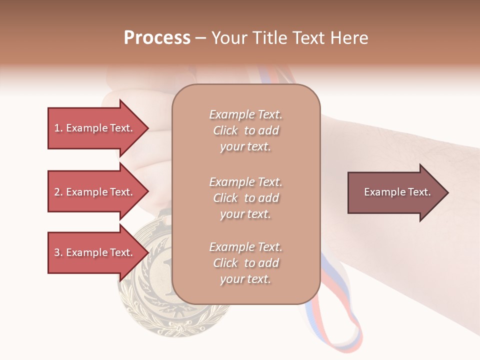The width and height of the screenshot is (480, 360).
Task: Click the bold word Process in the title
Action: (x=157, y=38)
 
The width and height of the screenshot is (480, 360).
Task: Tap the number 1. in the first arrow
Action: (x=58, y=128)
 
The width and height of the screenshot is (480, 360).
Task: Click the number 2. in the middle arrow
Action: (x=58, y=192)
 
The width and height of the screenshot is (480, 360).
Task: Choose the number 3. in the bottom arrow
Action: (x=58, y=252)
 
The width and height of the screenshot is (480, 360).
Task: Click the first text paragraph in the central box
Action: (x=246, y=130)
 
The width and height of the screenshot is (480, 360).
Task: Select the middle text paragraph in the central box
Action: (x=246, y=198)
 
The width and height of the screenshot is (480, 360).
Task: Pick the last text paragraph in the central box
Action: (x=246, y=263)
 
